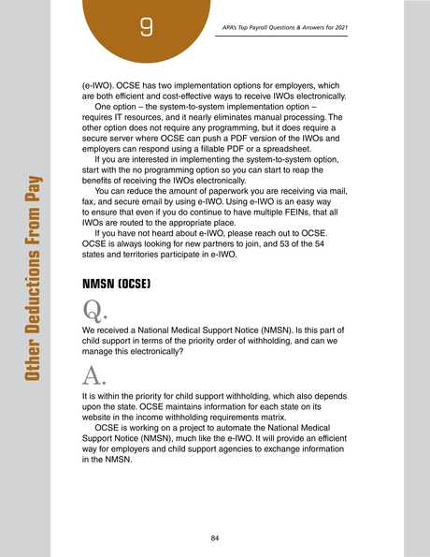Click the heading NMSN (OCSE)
(x=115, y=280)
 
